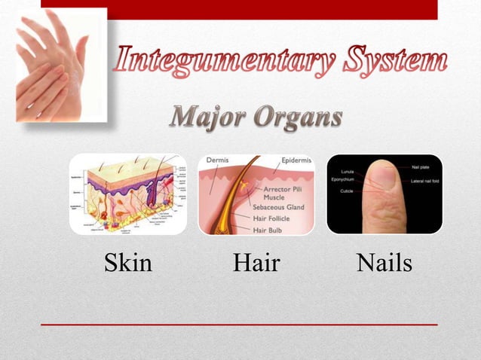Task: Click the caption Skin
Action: (127, 263)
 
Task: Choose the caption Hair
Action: (256, 263)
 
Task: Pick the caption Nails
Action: (384, 263)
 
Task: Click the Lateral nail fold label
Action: (425, 181)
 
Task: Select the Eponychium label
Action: (343, 180)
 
